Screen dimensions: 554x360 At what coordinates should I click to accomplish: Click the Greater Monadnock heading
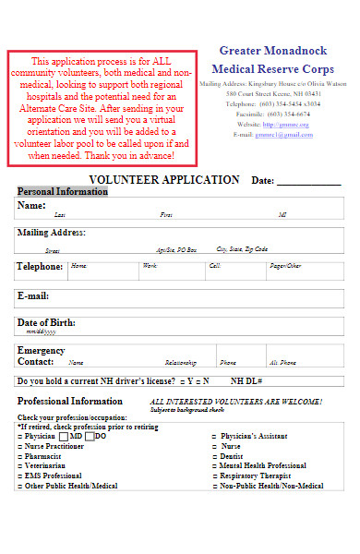pyautogui.click(x=274, y=50)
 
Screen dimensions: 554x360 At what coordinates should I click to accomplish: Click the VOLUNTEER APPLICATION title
pyautogui.click(x=164, y=179)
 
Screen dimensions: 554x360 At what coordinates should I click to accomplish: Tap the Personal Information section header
pyautogui.click(x=63, y=191)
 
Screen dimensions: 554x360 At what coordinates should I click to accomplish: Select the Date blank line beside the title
pyautogui.click(x=308, y=182)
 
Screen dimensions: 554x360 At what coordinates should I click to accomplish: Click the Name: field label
pyautogui.click(x=32, y=205)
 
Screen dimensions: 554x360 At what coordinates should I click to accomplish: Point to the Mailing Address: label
pyautogui.click(x=52, y=233)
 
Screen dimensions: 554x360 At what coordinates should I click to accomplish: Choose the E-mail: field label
pyautogui.click(x=33, y=296)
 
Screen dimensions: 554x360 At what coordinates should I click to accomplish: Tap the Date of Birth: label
pyautogui.click(x=46, y=323)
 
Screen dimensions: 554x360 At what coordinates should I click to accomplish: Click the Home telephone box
pyautogui.click(x=102, y=269)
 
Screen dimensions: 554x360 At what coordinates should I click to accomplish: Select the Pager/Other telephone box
pyautogui.click(x=305, y=269)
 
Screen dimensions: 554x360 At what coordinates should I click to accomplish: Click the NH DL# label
pyautogui.click(x=247, y=380)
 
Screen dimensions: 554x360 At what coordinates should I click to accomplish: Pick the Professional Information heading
pyautogui.click(x=70, y=402)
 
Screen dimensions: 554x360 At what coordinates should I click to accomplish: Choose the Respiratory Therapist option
pyautogui.click(x=251, y=476)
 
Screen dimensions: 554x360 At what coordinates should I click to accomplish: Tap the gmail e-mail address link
pyautogui.click(x=284, y=134)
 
